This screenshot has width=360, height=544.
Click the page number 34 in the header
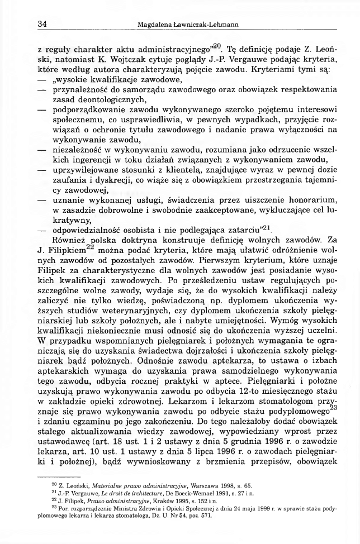(42, 23)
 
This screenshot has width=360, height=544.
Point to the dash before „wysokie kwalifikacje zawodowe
(41, 79)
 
